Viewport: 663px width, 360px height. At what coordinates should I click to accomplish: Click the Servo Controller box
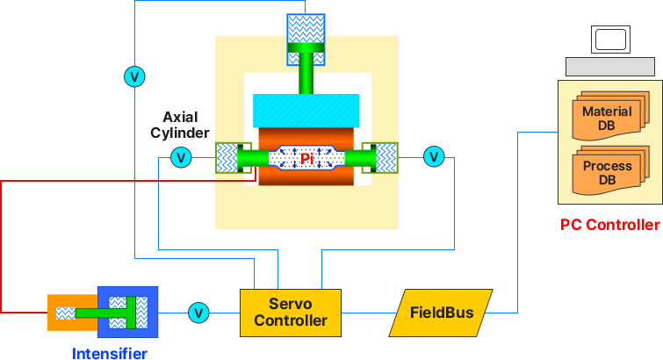pos(290,312)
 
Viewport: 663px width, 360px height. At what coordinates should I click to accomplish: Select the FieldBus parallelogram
pos(441,313)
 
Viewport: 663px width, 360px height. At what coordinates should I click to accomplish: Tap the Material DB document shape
pos(607,118)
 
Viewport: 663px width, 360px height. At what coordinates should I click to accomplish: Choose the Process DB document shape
pos(607,172)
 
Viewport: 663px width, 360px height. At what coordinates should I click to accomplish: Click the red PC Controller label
pos(609,224)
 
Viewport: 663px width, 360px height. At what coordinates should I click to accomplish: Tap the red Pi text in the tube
pos(306,159)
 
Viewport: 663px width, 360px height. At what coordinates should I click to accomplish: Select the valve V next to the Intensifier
pos(198,313)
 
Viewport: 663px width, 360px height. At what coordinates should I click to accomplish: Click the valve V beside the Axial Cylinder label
pos(181,158)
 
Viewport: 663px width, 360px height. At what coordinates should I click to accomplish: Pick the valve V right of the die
pos(434,157)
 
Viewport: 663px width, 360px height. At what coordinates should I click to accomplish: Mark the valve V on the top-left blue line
pos(134,77)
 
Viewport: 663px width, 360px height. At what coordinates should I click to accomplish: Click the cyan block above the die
pos(306,109)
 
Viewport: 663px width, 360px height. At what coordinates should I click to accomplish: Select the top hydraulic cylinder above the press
pos(306,40)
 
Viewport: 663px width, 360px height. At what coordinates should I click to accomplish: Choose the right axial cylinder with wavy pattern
pos(386,158)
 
